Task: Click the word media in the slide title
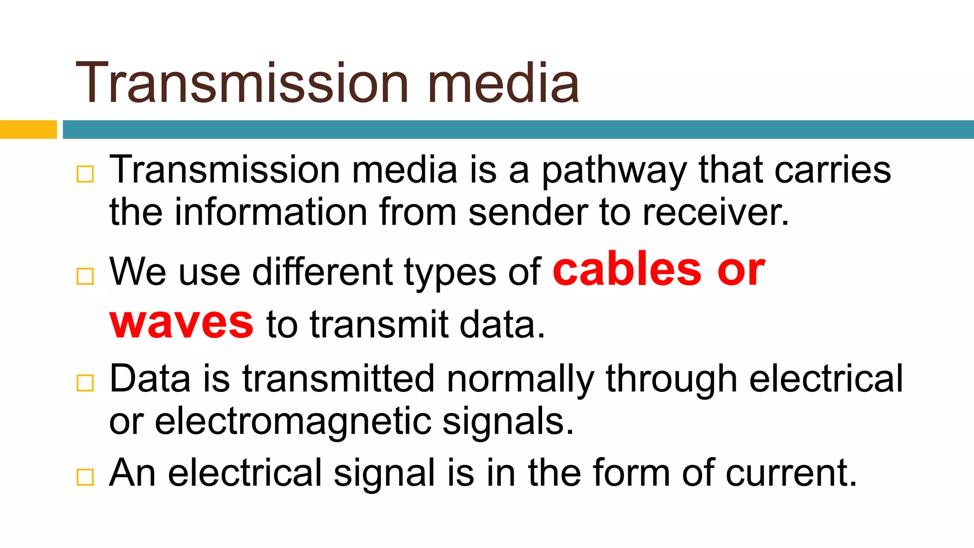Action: (x=503, y=83)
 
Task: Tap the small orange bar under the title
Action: (x=28, y=129)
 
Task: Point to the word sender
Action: (x=528, y=212)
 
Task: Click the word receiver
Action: (x=716, y=212)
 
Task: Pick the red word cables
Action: (x=627, y=270)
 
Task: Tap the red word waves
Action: (x=181, y=323)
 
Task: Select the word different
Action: (x=322, y=272)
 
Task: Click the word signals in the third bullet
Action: (x=508, y=421)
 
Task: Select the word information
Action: (x=271, y=212)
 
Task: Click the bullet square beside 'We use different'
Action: (x=85, y=276)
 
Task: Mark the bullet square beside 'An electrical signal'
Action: (x=85, y=477)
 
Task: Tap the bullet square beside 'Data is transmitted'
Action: (x=85, y=382)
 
